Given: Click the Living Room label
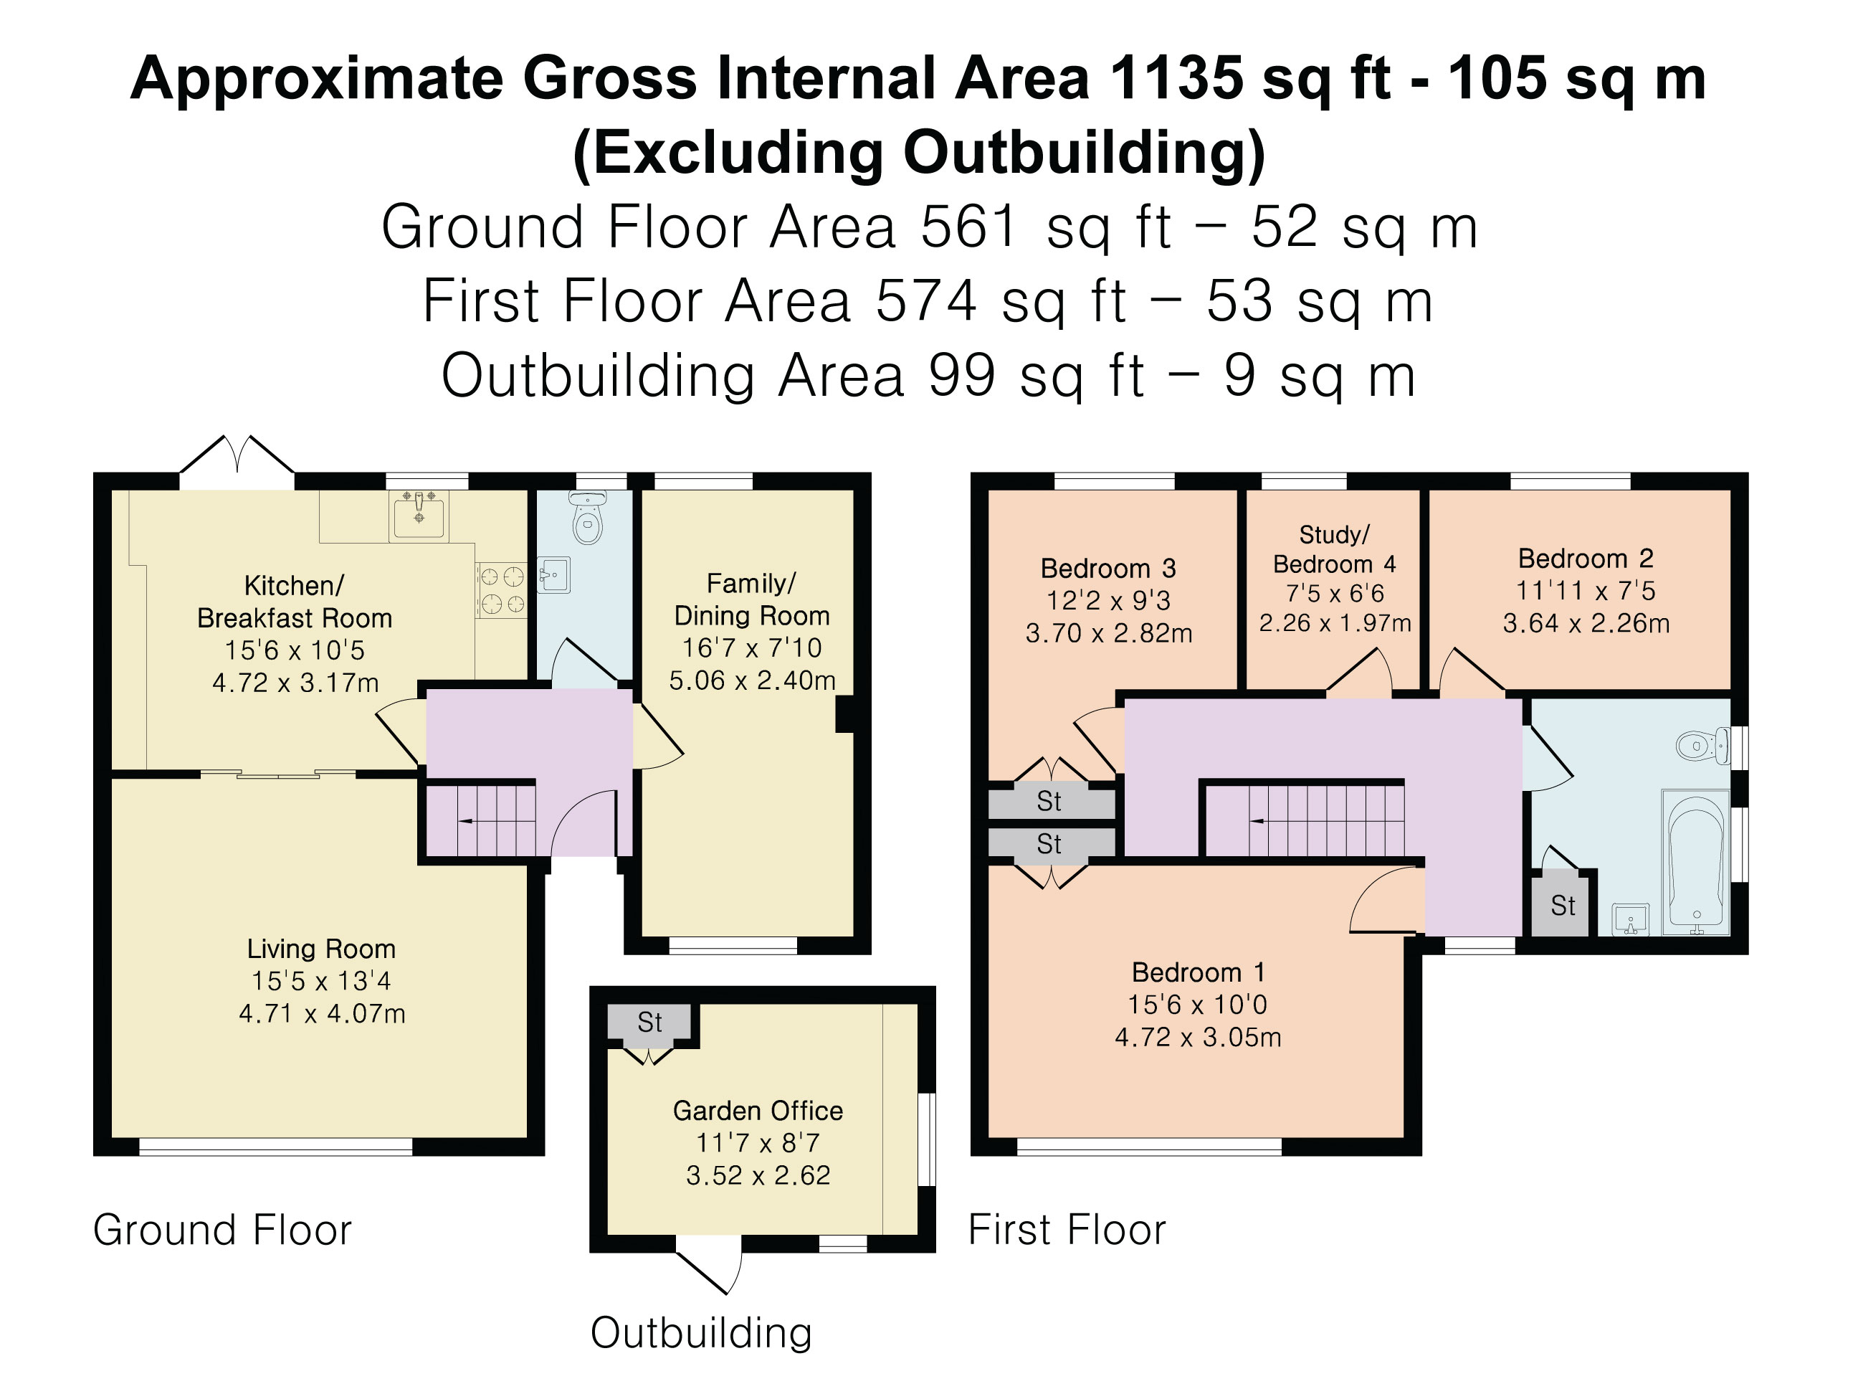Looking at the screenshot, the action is coord(321,949).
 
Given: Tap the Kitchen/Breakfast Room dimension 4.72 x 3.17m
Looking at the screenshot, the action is coord(295,682).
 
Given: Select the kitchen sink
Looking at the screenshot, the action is coord(419,514).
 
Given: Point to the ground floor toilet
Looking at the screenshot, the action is coord(588,518).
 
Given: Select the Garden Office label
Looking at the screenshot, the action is coord(758,1111).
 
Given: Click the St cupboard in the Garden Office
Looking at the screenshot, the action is coord(650,1023).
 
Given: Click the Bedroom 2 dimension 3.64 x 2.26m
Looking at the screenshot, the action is coord(1586,623).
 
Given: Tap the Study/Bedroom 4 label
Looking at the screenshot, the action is coord(1335,549).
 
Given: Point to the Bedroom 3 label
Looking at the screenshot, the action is coord(1108,569).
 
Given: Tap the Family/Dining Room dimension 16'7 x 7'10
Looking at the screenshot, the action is coord(752,648).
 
